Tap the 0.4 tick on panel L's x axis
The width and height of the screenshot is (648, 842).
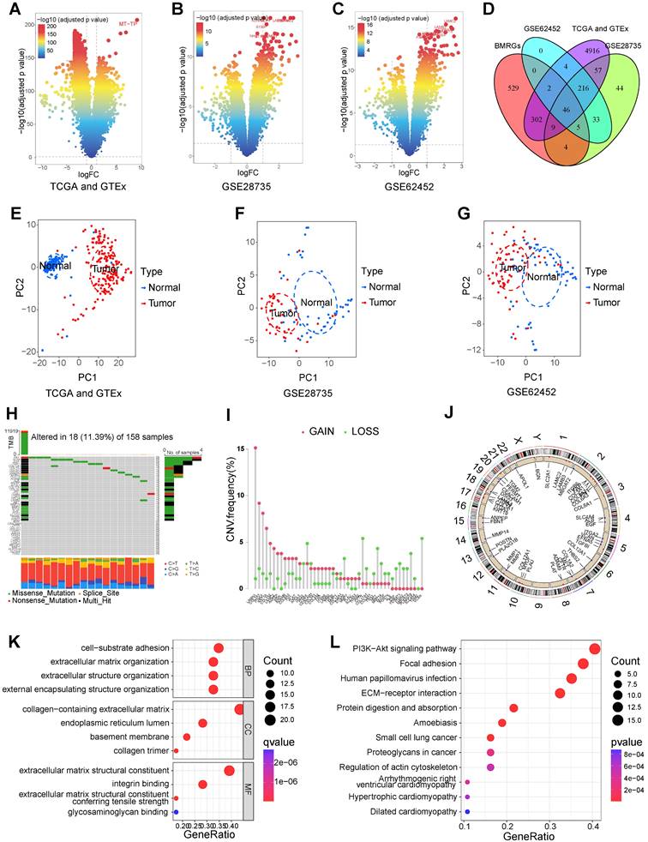[x=592, y=827]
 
